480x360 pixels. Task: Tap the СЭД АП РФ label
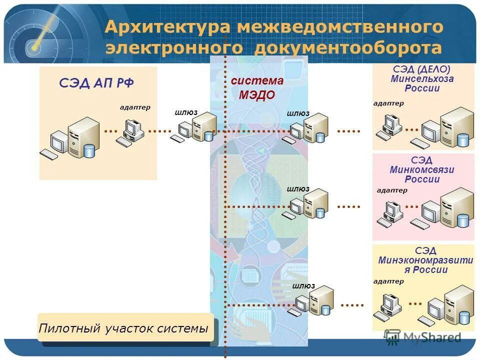[x=96, y=83]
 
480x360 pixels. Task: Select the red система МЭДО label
[x=257, y=88]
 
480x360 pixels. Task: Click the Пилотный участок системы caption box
[x=125, y=328]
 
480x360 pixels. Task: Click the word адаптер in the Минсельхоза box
[x=388, y=103]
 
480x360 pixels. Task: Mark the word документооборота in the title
[x=348, y=48]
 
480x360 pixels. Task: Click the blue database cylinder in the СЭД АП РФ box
[x=89, y=150]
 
